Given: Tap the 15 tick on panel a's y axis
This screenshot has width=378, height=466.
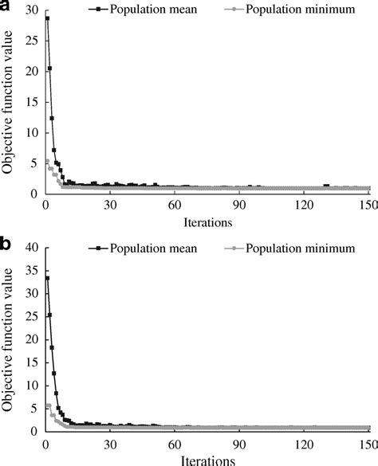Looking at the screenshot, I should tap(30, 101).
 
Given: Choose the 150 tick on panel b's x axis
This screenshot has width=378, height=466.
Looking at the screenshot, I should tap(368, 444).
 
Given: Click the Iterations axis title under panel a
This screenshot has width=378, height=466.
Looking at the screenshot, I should tap(206, 220).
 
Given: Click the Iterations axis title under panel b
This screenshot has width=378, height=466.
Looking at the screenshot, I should tap(206, 460).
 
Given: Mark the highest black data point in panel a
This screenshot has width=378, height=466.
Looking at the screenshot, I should tap(48, 18).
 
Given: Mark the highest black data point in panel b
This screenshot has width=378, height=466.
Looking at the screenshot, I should tap(48, 278).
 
